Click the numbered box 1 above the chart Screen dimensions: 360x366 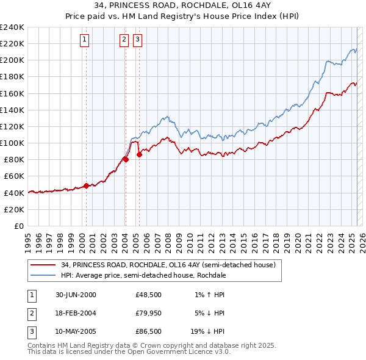point(84,40)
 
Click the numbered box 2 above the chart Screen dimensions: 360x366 point(124,40)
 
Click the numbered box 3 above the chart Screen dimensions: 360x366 point(137,40)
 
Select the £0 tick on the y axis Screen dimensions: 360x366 point(19,226)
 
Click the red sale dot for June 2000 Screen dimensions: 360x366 point(87,185)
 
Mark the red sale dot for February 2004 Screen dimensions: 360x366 point(126,159)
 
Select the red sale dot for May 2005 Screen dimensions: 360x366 point(139,154)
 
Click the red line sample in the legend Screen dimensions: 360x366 point(43,265)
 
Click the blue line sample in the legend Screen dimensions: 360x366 point(43,275)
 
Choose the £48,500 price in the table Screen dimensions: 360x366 point(148,295)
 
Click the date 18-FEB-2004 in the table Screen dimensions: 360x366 point(76,313)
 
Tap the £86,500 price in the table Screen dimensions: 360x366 point(148,331)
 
